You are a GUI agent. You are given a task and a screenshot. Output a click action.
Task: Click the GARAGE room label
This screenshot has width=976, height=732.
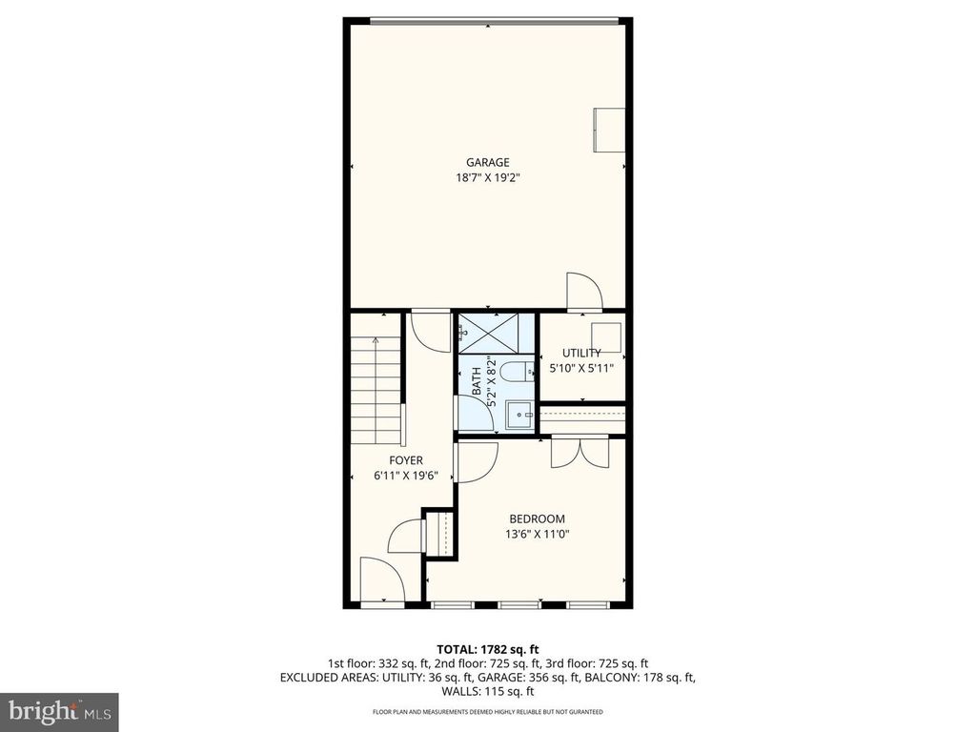487,162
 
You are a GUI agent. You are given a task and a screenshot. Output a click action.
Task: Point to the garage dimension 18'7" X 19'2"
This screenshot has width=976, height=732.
487,177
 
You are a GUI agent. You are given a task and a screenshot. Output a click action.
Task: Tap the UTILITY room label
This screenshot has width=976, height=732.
580,353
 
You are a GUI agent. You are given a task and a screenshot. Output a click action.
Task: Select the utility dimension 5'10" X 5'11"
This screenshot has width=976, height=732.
580,368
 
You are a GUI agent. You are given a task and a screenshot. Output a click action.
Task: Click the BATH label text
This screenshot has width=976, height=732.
477,381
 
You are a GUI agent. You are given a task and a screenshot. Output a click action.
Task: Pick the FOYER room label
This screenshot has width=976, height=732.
405,460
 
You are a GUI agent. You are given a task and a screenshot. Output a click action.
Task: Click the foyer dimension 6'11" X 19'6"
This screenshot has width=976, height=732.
405,476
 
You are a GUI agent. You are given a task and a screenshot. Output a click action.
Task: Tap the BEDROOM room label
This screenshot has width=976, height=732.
542,519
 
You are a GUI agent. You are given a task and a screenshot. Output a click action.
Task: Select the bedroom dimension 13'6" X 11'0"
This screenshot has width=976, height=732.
542,535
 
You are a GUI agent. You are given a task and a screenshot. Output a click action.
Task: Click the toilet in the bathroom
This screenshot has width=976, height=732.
516,371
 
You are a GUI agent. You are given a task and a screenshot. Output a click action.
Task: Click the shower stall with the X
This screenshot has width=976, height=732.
497,334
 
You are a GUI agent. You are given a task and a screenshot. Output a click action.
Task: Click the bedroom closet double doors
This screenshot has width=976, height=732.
579,452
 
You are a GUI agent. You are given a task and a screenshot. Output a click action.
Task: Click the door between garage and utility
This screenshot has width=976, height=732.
583,292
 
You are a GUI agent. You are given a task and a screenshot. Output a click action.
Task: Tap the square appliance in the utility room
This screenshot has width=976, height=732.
606,337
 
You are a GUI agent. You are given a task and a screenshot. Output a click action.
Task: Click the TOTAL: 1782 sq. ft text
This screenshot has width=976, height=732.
487,649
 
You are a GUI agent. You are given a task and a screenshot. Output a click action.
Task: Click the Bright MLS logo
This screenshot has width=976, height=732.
59,710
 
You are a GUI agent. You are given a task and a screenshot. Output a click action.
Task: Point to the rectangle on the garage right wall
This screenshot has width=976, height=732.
609,131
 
